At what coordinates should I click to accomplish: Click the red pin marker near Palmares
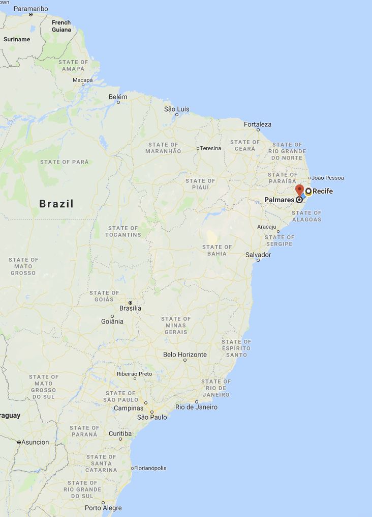pos(299,191)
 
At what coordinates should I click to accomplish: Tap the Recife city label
pos(322,192)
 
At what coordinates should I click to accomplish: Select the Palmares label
pos(279,200)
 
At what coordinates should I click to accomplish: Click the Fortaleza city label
pos(258,124)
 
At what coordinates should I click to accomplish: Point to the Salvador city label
pos(258,254)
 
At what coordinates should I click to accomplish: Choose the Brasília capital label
pos(130,308)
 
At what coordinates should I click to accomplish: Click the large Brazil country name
pos(56,204)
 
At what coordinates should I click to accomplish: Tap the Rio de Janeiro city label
pos(196,407)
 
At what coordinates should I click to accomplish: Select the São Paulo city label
pos(152,417)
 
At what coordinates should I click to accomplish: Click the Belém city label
pos(118,97)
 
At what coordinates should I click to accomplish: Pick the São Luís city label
pos(176,109)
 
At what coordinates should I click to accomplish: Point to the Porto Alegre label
pos(103,508)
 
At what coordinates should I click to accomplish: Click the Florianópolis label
pos(150,468)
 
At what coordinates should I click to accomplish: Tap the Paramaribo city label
pos(30,9)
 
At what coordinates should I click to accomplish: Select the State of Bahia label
pos(217,250)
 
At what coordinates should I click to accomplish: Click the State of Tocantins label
pos(123,231)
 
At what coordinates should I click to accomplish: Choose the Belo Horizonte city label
pos(184,355)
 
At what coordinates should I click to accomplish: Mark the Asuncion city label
pos(35,442)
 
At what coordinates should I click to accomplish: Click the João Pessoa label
pos(328,178)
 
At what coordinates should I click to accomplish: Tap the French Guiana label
pos(61,26)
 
